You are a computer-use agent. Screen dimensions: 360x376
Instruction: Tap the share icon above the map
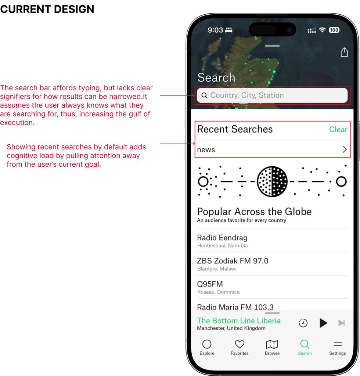tap(344, 52)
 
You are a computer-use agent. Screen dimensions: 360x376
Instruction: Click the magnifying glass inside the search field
tap(204, 95)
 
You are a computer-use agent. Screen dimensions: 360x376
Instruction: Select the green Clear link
tap(338, 130)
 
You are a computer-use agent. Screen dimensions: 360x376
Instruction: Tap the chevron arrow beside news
tap(345, 149)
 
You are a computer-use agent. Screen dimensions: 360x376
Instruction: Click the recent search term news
tap(206, 150)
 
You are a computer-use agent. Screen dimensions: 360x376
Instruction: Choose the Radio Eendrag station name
tap(222, 238)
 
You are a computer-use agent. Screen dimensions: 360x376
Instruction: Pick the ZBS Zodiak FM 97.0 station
tap(233, 261)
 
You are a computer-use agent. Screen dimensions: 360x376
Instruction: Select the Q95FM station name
tap(210, 284)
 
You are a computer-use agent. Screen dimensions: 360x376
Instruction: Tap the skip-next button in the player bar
tap(342, 323)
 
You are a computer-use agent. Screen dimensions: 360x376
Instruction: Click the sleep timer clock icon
tap(303, 323)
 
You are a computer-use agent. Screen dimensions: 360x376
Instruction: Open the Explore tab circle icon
tap(207, 344)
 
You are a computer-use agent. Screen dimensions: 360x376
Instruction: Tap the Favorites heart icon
tap(240, 344)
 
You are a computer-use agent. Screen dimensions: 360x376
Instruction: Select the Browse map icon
tap(272, 344)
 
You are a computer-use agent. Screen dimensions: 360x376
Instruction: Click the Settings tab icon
tap(338, 344)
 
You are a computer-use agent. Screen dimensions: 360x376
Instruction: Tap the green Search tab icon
tap(305, 344)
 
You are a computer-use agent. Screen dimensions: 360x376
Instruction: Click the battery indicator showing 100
tap(334, 30)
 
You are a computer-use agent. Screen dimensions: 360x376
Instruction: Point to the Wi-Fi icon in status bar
tap(322, 30)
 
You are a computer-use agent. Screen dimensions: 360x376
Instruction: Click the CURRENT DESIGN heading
tap(47, 9)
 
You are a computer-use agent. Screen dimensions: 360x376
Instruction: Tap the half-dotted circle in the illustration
tap(272, 181)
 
